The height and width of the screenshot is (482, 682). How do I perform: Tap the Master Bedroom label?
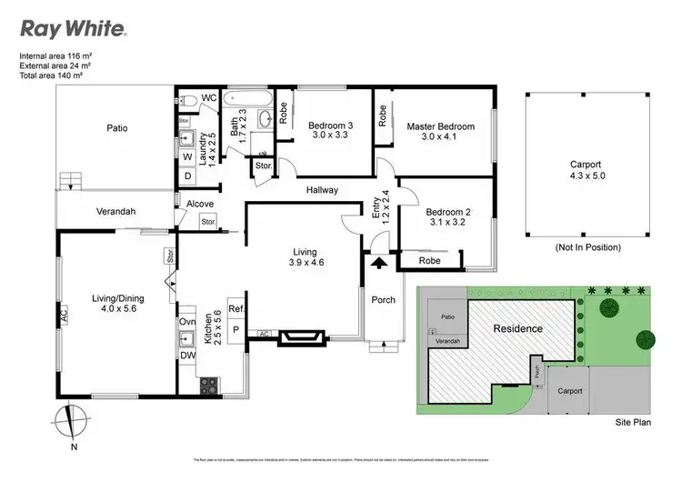tap(440, 126)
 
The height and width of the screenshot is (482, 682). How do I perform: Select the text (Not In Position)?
tap(587, 246)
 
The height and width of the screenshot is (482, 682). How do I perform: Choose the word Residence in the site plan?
tap(518, 328)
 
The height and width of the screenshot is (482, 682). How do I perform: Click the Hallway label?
tap(321, 190)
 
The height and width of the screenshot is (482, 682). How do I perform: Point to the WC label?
tap(207, 97)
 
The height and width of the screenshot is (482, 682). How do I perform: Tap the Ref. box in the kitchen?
tap(235, 308)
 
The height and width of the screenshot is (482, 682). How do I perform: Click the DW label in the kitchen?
tap(188, 357)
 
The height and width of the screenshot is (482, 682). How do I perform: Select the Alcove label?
tap(199, 204)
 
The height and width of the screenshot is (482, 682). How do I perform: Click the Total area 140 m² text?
tap(56, 75)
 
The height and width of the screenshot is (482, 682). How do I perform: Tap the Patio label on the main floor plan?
tap(115, 128)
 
